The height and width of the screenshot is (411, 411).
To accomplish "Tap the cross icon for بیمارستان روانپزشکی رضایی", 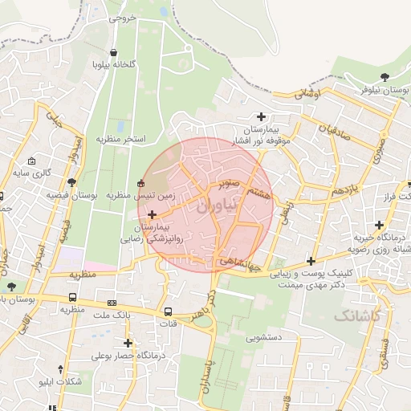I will [153, 214].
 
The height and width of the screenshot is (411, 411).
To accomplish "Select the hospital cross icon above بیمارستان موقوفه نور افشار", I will [261, 116].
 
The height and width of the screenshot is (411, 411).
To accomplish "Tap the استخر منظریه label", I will [120, 139].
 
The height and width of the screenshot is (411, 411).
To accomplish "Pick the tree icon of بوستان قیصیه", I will [72, 182].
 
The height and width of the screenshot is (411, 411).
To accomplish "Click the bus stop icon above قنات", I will [168, 311].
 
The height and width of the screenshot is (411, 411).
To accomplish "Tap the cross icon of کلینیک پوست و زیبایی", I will [311, 261].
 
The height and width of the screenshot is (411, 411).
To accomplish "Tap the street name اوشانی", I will [308, 94].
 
